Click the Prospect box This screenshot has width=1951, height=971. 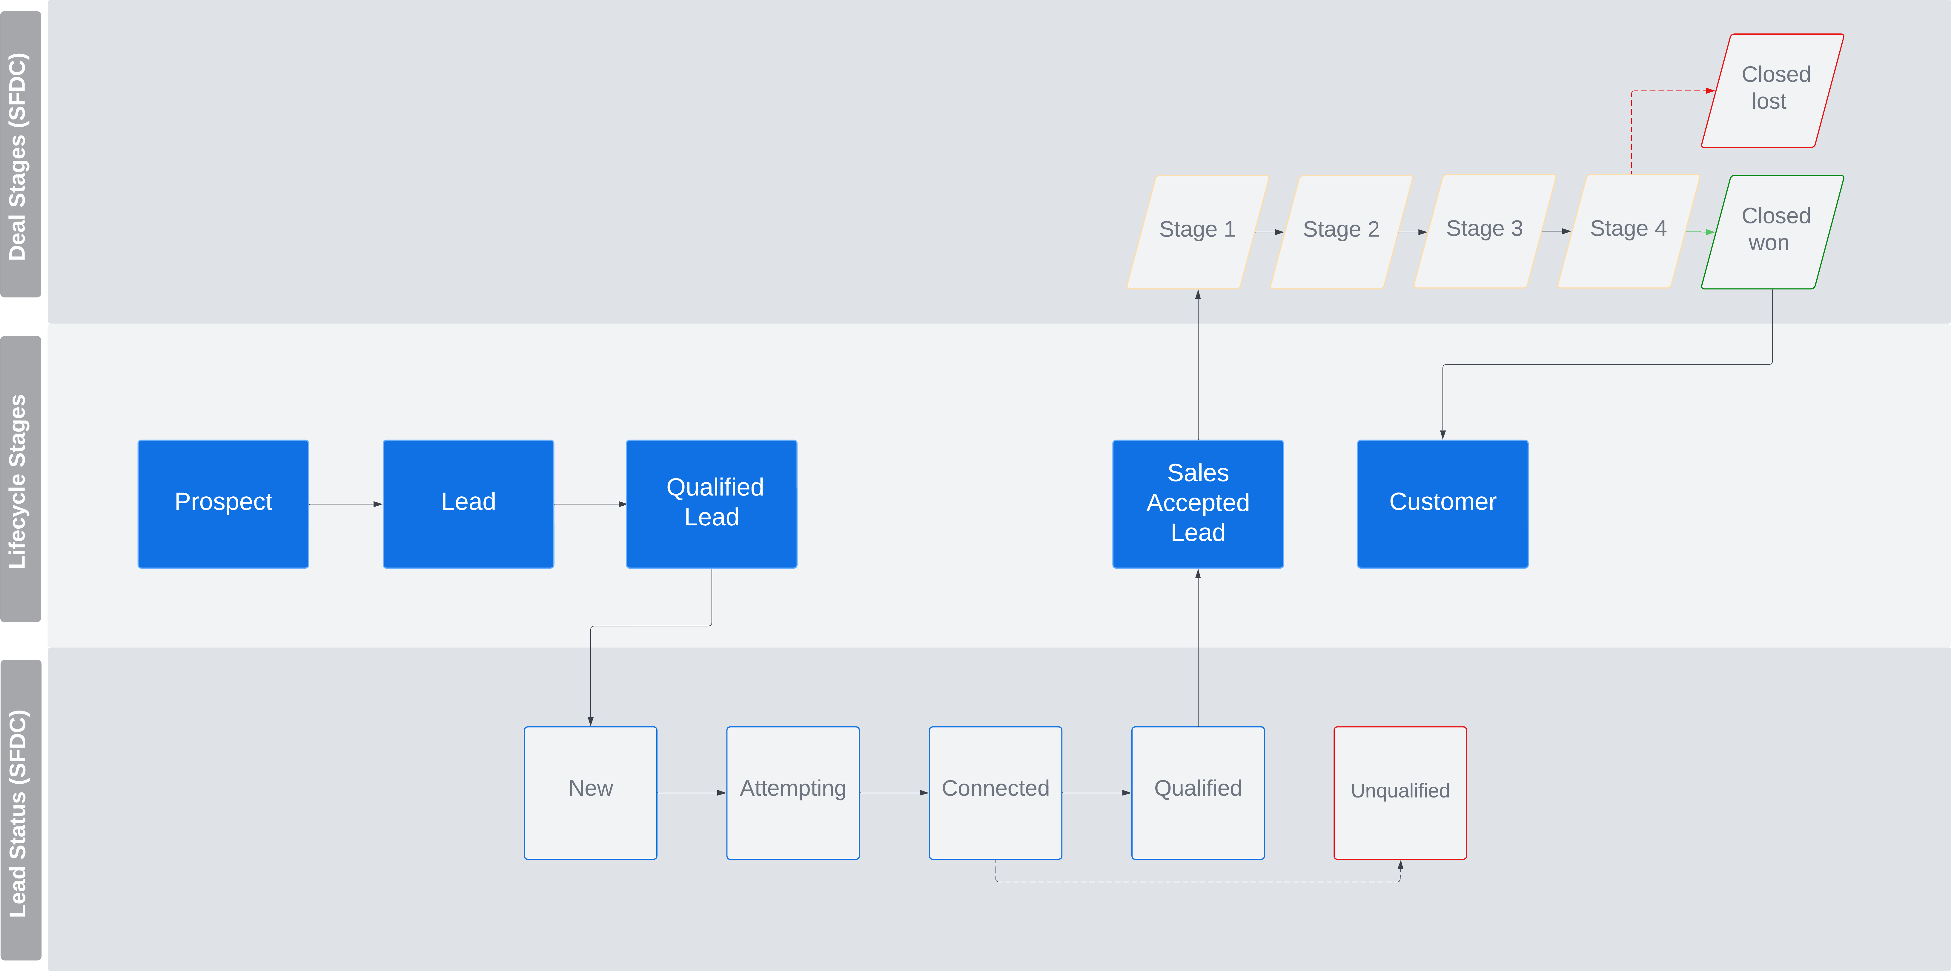(x=223, y=504)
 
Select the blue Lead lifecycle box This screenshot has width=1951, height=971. (x=468, y=504)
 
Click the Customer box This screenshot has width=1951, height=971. (x=1443, y=504)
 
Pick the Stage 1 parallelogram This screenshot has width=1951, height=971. (x=1197, y=232)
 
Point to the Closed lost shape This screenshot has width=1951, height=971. (x=1772, y=90)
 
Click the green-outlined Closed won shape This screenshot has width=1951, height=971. (x=1772, y=232)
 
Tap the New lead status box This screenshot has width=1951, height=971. (x=591, y=793)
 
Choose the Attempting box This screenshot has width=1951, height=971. (x=793, y=793)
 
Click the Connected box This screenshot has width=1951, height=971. (x=995, y=793)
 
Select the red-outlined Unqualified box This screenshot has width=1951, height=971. (x=1400, y=793)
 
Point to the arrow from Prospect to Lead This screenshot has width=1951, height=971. (x=345, y=504)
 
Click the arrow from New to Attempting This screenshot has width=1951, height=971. (x=692, y=793)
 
